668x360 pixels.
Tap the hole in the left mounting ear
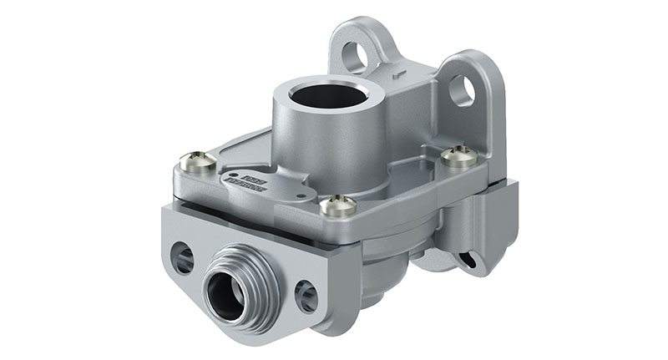(x=355, y=56)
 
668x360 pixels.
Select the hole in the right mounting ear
(x=462, y=90)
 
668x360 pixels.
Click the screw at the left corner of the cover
(x=198, y=159)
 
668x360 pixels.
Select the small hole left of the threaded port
(x=182, y=257)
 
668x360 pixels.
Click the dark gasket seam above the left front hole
(x=200, y=211)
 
